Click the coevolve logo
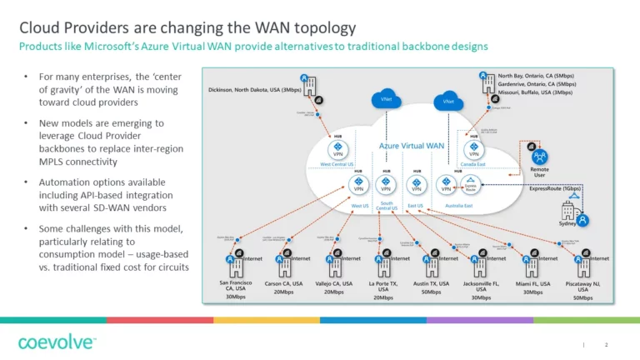click(57, 342)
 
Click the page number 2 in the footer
click(606, 345)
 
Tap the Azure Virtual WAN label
click(412, 146)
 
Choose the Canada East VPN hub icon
click(473, 152)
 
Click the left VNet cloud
click(386, 98)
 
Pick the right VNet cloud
click(448, 102)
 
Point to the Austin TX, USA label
click(431, 283)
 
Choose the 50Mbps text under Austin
click(431, 292)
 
